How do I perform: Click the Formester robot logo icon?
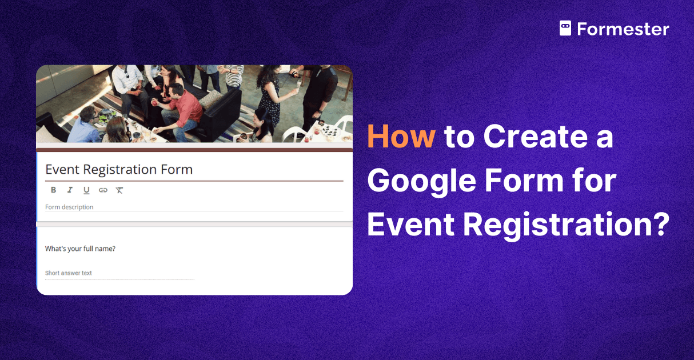[x=565, y=29]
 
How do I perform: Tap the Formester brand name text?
[x=623, y=29]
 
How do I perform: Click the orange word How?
[x=401, y=138]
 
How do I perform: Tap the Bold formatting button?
[x=53, y=190]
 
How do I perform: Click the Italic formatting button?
[x=70, y=190]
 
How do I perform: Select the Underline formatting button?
[x=86, y=190]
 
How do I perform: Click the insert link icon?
[x=103, y=190]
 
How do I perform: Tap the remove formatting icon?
[x=119, y=190]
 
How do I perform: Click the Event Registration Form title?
[x=119, y=170]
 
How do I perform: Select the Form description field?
[x=69, y=207]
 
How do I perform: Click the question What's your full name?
[x=80, y=249]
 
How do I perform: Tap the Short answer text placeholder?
[x=69, y=273]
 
